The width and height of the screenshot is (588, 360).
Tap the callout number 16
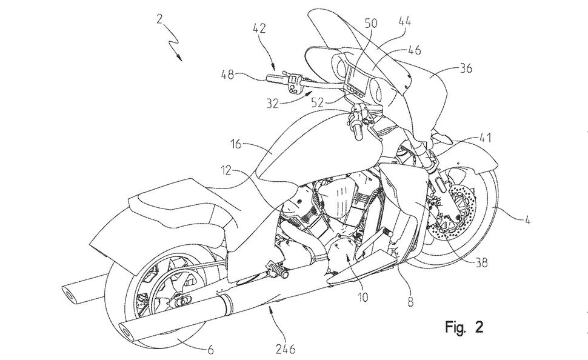click(x=235, y=144)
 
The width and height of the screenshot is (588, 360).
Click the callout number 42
click(x=259, y=28)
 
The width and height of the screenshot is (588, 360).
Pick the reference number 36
click(x=466, y=68)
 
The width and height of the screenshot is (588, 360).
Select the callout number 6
click(x=211, y=350)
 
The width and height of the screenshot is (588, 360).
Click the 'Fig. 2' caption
click(x=464, y=327)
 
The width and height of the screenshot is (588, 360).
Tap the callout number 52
click(x=317, y=102)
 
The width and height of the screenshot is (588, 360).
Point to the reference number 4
click(x=527, y=221)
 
